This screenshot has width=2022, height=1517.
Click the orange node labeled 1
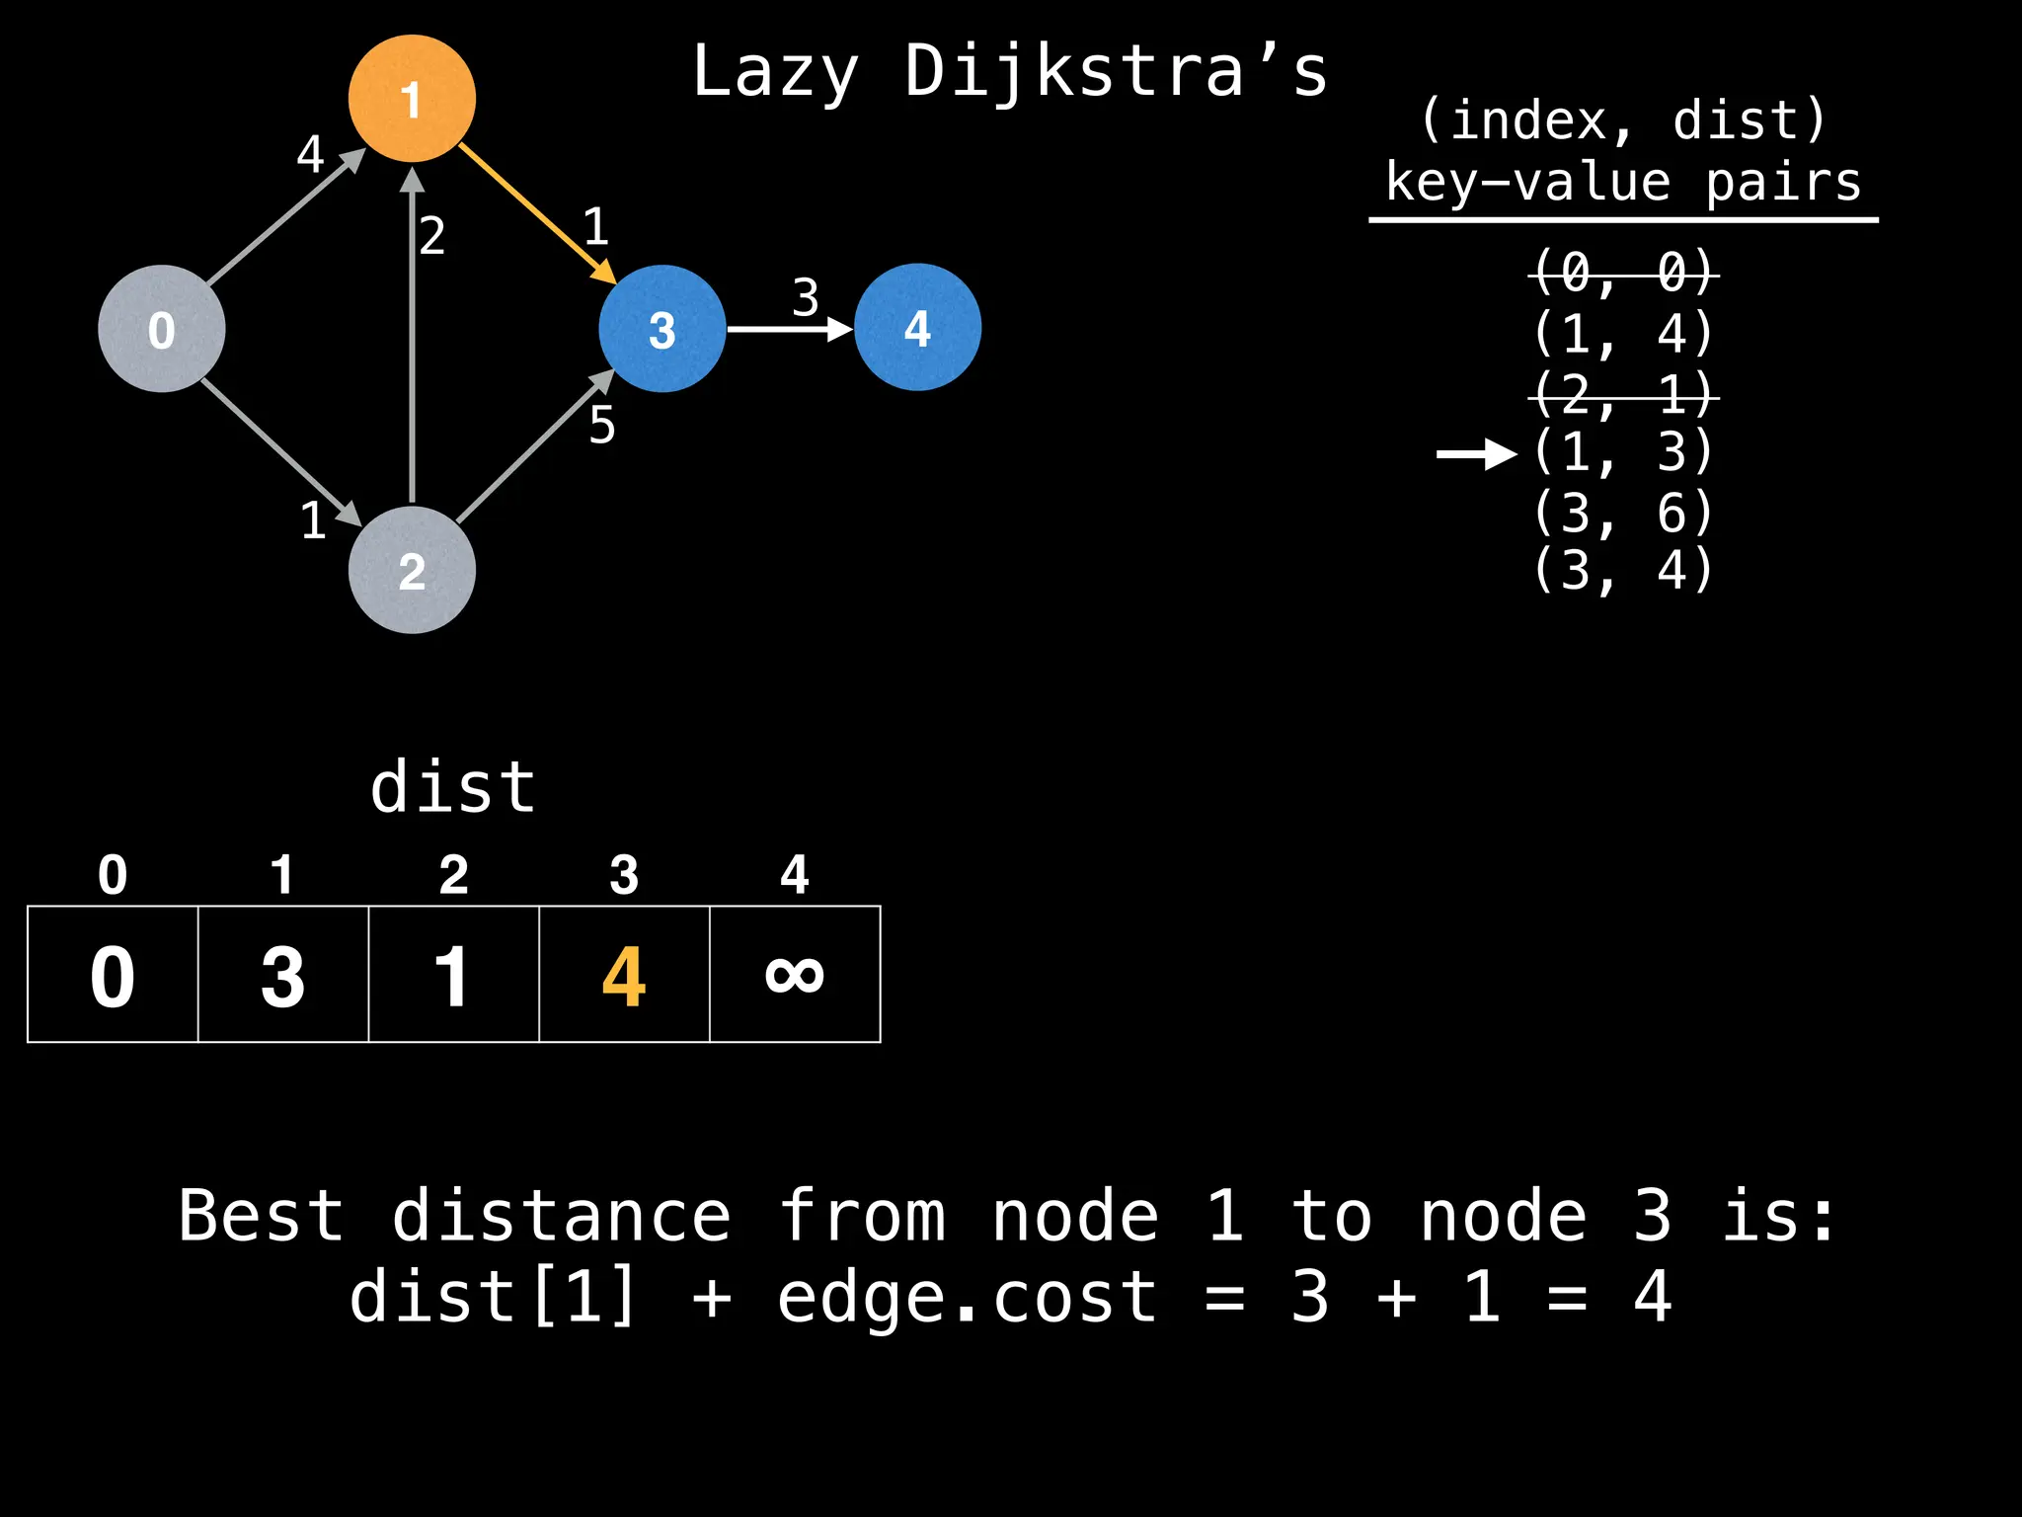pyautogui.click(x=412, y=99)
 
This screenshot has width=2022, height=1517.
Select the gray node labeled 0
pyautogui.click(x=162, y=329)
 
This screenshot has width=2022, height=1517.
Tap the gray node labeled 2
pyautogui.click(x=412, y=570)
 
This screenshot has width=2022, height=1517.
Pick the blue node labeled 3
pyautogui.click(x=661, y=329)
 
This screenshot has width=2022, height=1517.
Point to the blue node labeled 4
pyautogui.click(x=917, y=327)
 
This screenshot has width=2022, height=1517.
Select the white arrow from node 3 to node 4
pyautogui.click(x=789, y=329)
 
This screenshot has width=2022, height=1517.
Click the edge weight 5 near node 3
pyautogui.click(x=601, y=426)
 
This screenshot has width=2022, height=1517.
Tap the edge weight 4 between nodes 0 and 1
pyautogui.click(x=310, y=154)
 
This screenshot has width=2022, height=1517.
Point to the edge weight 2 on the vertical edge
pyautogui.click(x=431, y=236)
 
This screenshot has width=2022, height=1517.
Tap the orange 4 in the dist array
pyautogui.click(x=624, y=977)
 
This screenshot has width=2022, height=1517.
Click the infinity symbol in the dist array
pyautogui.click(x=795, y=975)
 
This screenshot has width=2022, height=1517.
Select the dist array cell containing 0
pyautogui.click(x=113, y=975)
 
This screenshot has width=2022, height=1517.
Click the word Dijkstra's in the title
pyautogui.click(x=1116, y=73)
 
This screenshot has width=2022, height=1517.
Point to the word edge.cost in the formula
pyautogui.click(x=967, y=1297)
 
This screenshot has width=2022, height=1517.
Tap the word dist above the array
pyautogui.click(x=453, y=788)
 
